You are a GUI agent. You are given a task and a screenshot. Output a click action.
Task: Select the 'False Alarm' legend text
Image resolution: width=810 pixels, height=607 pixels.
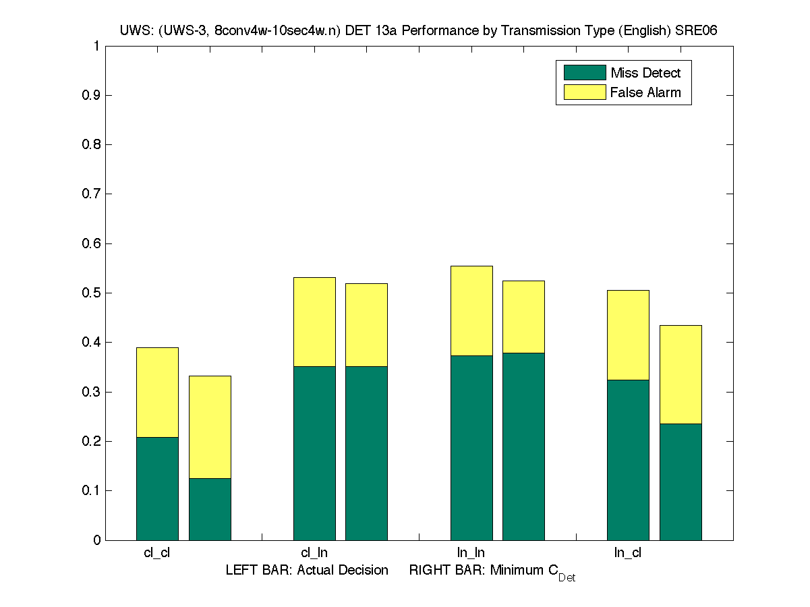(645, 92)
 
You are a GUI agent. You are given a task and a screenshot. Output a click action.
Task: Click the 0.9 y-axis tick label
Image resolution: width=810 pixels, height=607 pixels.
(92, 95)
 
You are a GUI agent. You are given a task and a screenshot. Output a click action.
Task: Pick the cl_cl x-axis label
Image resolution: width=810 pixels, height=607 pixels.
(157, 553)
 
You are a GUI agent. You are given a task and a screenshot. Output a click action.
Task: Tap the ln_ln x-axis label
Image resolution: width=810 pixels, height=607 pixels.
(471, 553)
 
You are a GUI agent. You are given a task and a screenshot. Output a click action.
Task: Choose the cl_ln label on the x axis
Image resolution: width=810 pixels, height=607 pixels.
(314, 553)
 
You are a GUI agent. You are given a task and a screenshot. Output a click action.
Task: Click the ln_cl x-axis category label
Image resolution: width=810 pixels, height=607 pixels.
(627, 553)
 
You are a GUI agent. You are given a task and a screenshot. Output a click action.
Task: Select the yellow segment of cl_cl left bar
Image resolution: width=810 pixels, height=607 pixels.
(157, 392)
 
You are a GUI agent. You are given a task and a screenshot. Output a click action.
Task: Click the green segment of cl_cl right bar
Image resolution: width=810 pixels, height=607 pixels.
(210, 509)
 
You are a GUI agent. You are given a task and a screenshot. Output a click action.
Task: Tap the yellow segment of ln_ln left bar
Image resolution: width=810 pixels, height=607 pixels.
(471, 310)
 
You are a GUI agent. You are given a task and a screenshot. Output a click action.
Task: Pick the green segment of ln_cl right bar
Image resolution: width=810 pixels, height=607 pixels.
(681, 482)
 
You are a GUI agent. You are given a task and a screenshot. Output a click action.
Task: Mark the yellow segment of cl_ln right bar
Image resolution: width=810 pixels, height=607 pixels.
(366, 324)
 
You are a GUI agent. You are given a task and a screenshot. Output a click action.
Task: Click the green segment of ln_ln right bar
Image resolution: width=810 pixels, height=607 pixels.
(523, 446)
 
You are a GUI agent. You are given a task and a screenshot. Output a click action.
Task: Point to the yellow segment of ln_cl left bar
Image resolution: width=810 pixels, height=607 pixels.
(628, 335)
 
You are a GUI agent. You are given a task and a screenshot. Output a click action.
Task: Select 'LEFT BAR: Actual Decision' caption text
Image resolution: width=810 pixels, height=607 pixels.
(307, 571)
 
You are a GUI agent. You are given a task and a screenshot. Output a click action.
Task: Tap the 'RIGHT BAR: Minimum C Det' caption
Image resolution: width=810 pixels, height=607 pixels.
(492, 572)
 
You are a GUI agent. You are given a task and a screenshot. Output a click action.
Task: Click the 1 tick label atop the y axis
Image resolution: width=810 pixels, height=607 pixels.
(96, 46)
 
